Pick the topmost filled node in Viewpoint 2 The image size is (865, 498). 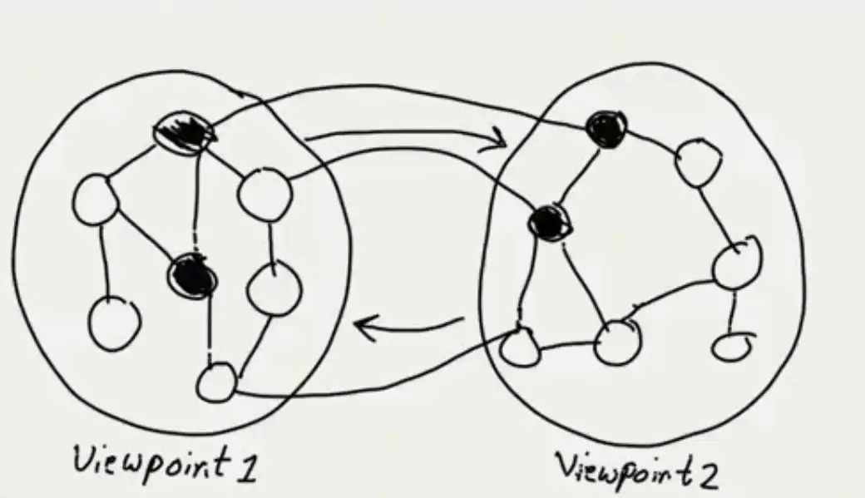click(x=605, y=129)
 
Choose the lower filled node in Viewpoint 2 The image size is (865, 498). click(x=550, y=221)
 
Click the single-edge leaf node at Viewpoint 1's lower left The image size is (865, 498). click(x=114, y=323)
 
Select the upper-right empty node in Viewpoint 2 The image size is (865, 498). click(x=697, y=163)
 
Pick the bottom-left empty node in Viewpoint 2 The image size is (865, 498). click(x=521, y=347)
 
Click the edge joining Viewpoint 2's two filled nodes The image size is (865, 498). click(x=577, y=175)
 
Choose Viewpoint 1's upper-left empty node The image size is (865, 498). click(x=96, y=199)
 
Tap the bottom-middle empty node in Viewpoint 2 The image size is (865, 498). click(x=617, y=341)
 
